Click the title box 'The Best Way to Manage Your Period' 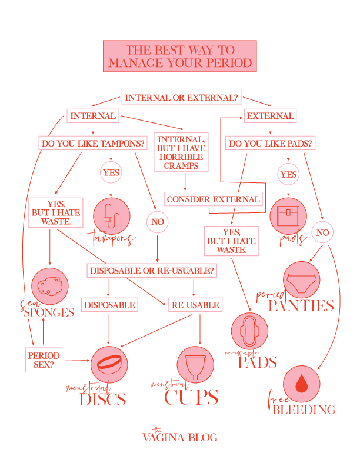pyautogui.click(x=179, y=56)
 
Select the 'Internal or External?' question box pyautogui.click(x=181, y=97)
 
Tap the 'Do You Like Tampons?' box pyautogui.click(x=93, y=143)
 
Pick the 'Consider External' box pyautogui.click(x=213, y=199)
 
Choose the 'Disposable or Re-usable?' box pyautogui.click(x=151, y=271)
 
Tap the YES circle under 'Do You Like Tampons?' pyautogui.click(x=111, y=173)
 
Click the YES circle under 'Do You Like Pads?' pyautogui.click(x=288, y=175)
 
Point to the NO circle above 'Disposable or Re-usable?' pyautogui.click(x=158, y=222)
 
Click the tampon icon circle pyautogui.click(x=111, y=214)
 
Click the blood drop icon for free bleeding pyautogui.click(x=302, y=384)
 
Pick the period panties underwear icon pyautogui.click(x=302, y=279)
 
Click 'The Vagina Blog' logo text pyautogui.click(x=179, y=436)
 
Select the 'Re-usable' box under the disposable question pyautogui.click(x=195, y=305)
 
